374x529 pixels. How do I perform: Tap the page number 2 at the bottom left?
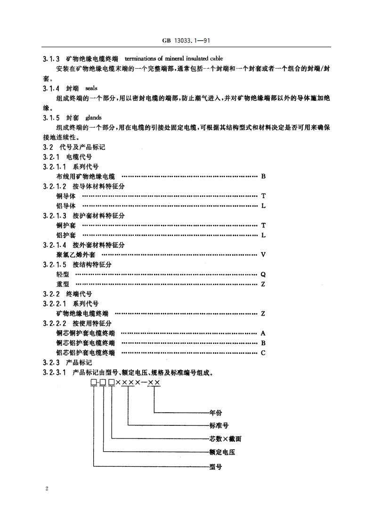(x=47, y=488)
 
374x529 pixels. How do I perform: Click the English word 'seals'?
(x=91, y=88)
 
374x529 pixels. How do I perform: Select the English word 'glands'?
(x=93, y=118)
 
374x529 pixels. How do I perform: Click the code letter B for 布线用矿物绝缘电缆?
(x=263, y=177)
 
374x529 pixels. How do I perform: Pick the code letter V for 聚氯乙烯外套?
(x=263, y=255)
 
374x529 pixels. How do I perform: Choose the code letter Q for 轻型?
(x=263, y=275)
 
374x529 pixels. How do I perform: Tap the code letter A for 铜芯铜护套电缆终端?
(x=263, y=333)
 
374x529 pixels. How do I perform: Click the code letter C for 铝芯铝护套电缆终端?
(x=263, y=353)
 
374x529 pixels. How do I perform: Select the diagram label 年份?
(x=216, y=413)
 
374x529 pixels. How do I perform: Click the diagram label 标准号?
(x=219, y=426)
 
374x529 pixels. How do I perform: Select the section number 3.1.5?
(x=51, y=118)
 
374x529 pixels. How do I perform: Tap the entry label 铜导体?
(x=65, y=196)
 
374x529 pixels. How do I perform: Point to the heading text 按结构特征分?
(x=92, y=265)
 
